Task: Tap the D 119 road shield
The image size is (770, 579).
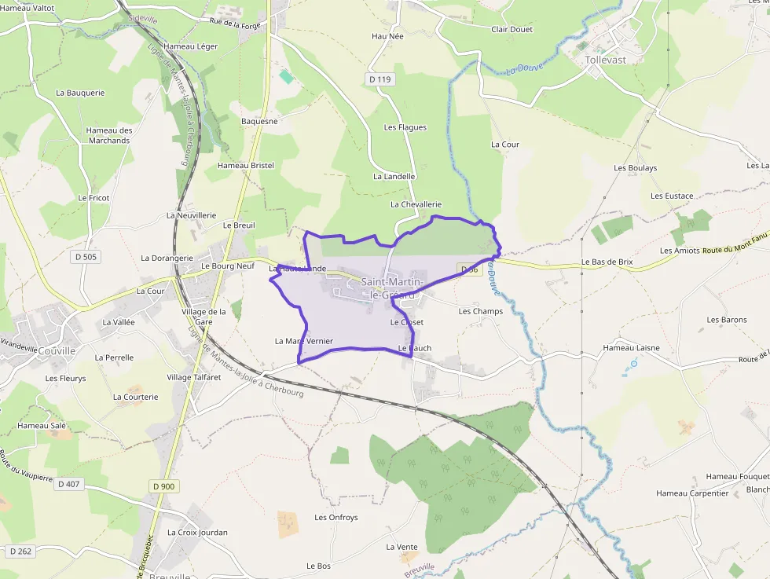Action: (379, 79)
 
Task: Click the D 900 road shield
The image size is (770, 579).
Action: (163, 486)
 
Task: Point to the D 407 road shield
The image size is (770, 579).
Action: (69, 484)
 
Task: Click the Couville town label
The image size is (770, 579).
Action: (55, 351)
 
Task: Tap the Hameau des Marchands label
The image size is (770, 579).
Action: (108, 135)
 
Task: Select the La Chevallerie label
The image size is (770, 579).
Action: (416, 204)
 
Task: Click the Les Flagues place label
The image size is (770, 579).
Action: (405, 127)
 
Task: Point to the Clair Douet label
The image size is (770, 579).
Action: (511, 30)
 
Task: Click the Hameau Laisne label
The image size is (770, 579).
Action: (631, 347)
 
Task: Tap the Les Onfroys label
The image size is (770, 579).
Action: (335, 518)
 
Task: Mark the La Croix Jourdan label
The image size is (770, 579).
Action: (197, 532)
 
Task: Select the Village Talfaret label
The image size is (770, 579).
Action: (195, 377)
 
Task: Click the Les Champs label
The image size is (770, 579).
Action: (480, 311)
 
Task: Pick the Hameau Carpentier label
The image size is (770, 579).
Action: (692, 493)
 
